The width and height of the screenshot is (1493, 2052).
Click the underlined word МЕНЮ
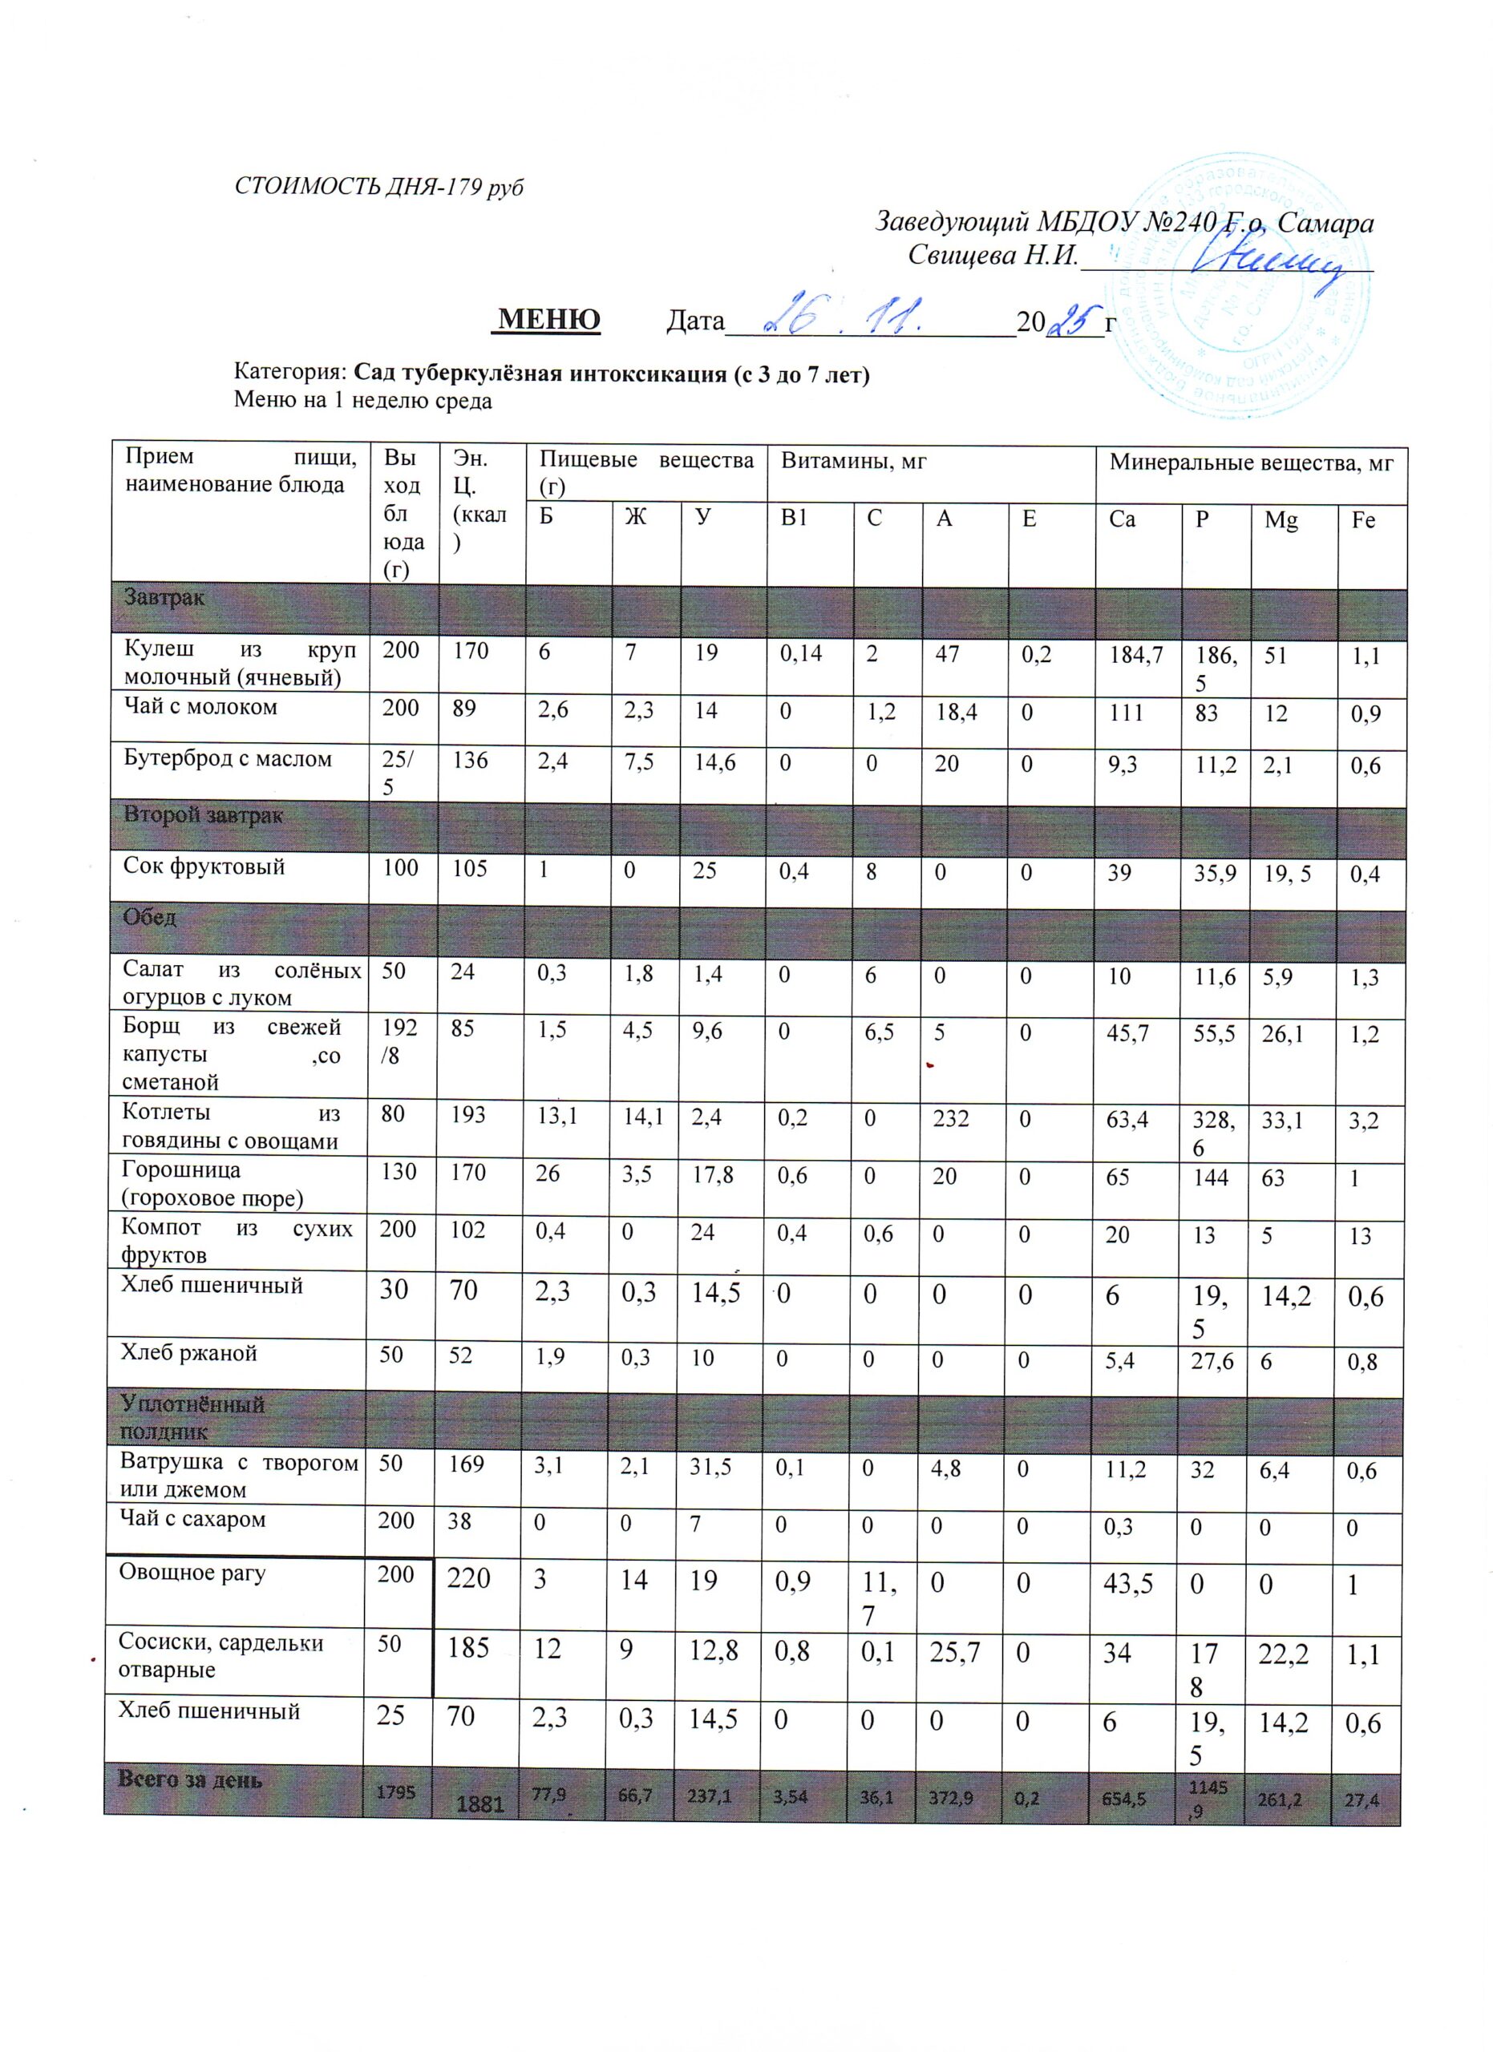click(548, 318)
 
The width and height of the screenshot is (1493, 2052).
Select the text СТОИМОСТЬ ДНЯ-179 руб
click(379, 187)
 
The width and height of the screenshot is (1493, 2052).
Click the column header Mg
click(1281, 520)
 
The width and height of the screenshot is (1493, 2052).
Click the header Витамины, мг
click(853, 463)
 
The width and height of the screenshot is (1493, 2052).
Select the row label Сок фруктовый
click(204, 866)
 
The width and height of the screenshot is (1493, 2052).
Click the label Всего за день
click(190, 1779)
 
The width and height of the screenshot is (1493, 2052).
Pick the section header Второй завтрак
click(204, 814)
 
